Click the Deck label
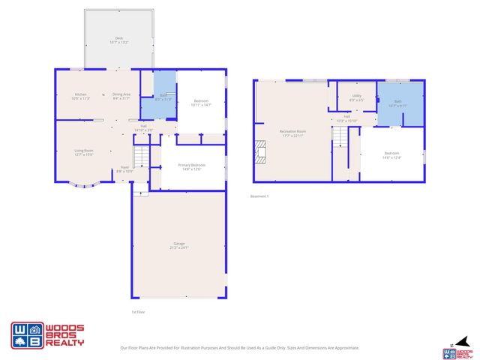118,40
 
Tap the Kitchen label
81,96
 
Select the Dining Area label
121,96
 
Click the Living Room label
83,152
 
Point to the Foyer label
124,169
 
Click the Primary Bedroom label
191,166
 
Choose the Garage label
179,244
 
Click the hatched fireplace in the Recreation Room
260,151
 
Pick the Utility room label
356,97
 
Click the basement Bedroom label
391,155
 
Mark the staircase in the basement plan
341,139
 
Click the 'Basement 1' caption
259,196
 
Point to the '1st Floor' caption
138,312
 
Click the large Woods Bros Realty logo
46,334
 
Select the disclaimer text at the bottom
240,348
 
